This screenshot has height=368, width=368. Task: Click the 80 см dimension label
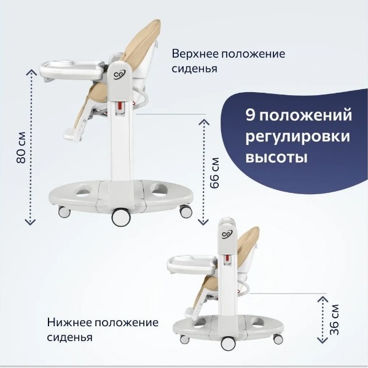tap(21, 147)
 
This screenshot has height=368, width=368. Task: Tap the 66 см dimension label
tap(214, 173)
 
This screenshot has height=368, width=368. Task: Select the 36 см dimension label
tap(334, 319)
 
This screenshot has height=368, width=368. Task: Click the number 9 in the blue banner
tap(250, 115)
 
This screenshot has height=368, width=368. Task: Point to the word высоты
tap(276, 157)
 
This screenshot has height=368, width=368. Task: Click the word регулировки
tap(297, 137)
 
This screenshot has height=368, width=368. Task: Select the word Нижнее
tap(69, 323)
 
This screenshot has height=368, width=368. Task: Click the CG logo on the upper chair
tap(119, 75)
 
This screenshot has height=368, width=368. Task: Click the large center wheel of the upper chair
tap(121, 217)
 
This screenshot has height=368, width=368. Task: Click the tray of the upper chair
tap(72, 69)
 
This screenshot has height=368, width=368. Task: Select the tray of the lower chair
tap(192, 264)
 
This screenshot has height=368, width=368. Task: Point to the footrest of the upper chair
tap(72, 135)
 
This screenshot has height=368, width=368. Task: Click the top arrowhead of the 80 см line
tap(31, 72)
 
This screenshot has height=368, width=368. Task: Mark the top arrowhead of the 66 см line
tap(203, 122)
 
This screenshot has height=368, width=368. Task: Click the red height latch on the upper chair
tap(120, 106)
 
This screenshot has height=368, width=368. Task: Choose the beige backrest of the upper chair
tap(141, 42)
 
